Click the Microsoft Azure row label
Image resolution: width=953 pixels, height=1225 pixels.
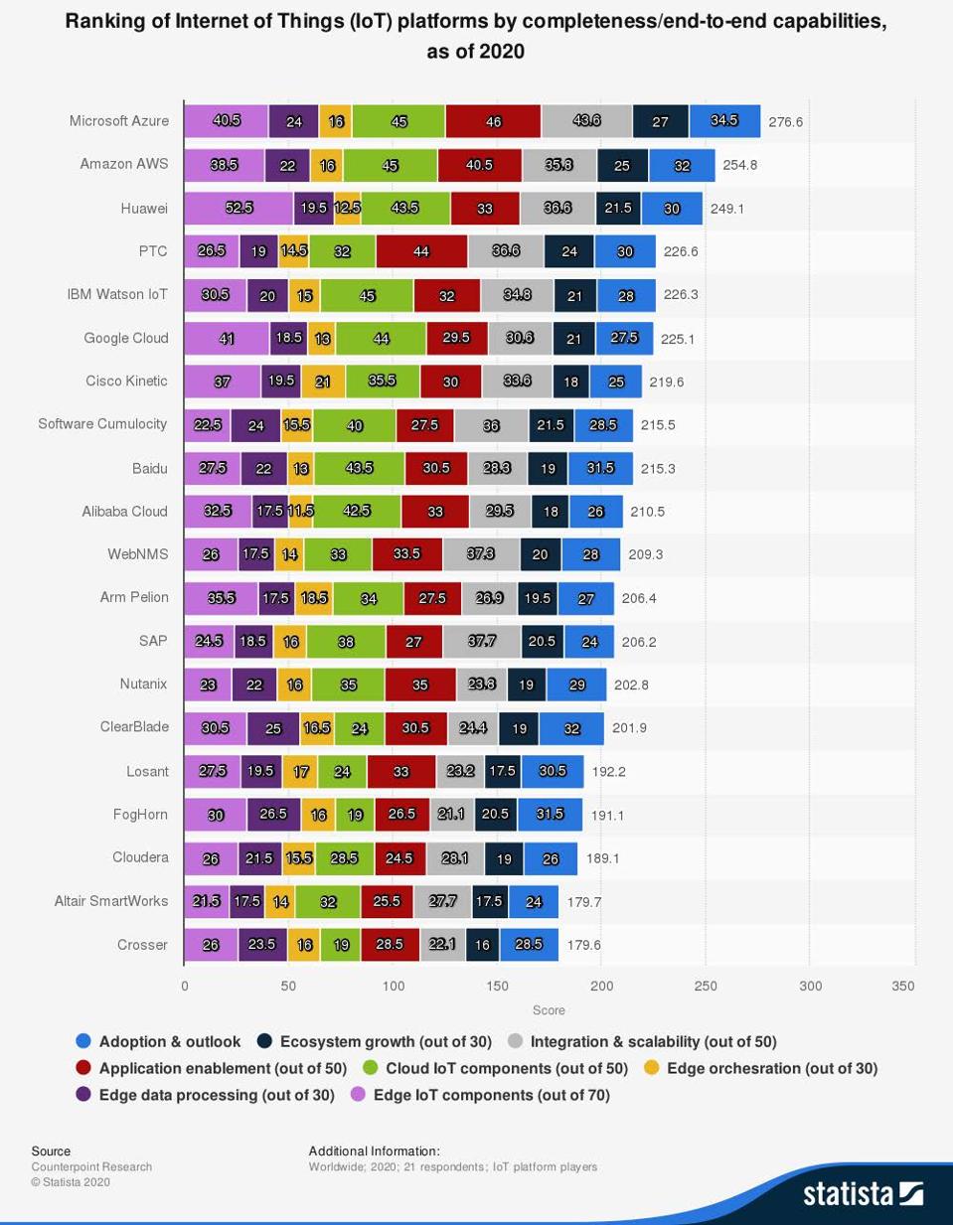click(x=118, y=121)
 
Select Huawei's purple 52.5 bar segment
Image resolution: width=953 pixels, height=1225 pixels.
click(x=238, y=208)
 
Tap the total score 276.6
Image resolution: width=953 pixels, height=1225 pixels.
click(x=785, y=122)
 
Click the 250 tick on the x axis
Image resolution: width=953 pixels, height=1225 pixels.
click(x=706, y=986)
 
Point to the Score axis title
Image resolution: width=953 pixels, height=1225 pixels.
click(x=549, y=1010)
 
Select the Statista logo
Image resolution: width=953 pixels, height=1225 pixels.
click(x=863, y=1192)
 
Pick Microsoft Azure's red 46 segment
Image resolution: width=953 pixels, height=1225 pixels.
click(x=493, y=121)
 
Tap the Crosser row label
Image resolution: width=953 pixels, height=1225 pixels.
click(x=142, y=945)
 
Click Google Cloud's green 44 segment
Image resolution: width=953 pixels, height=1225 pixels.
click(x=381, y=338)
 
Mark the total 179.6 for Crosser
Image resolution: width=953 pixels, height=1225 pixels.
click(x=583, y=945)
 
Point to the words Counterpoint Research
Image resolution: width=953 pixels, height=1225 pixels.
click(x=91, y=1166)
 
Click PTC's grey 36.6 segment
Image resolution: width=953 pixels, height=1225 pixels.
click(x=506, y=251)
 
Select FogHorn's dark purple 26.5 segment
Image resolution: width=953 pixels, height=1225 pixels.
click(x=273, y=814)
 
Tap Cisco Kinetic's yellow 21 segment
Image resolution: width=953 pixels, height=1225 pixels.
click(x=323, y=382)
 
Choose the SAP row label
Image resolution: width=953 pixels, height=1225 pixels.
click(x=153, y=641)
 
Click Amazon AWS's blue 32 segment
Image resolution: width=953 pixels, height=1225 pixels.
click(x=682, y=165)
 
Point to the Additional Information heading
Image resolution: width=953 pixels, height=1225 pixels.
click(x=374, y=1150)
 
